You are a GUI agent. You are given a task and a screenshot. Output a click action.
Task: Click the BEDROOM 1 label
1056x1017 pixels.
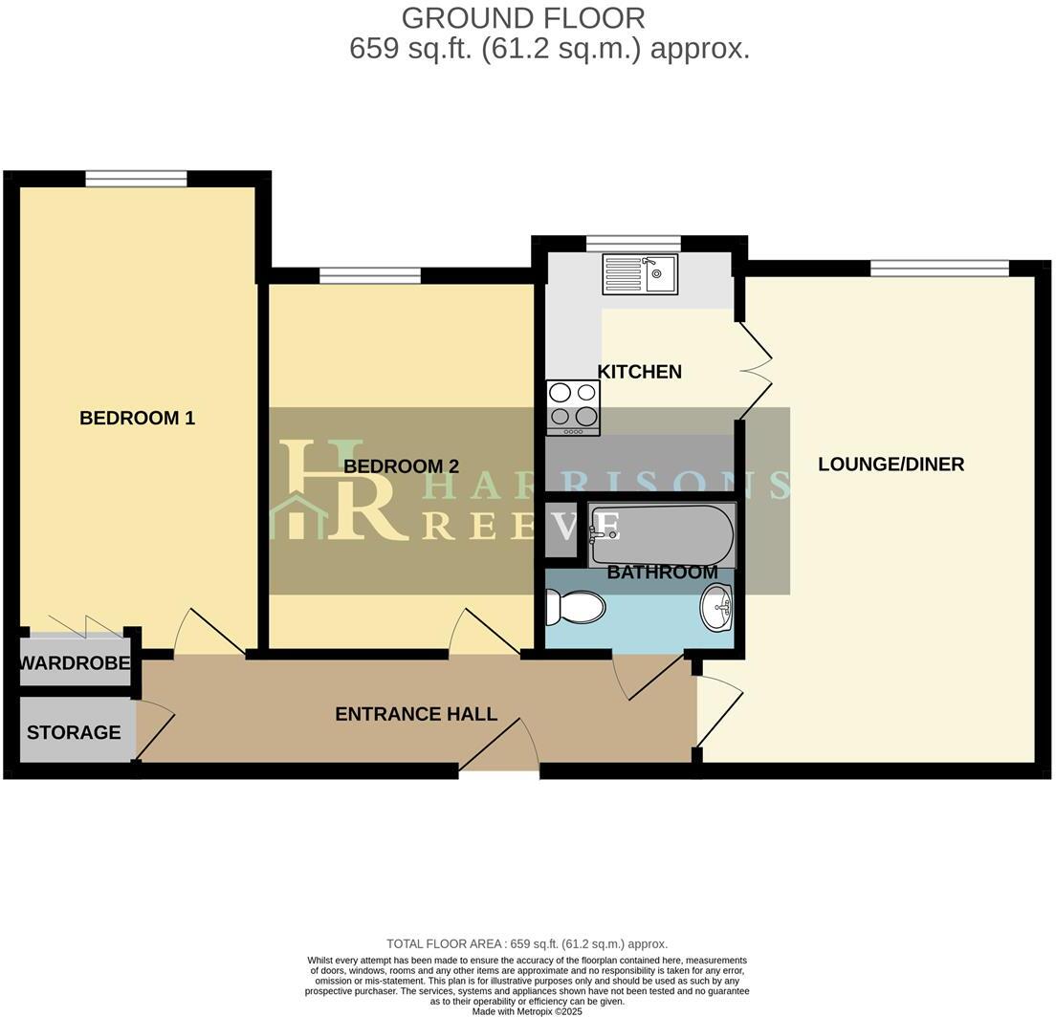click(137, 418)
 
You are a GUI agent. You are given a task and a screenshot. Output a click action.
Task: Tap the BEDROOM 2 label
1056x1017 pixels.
click(401, 466)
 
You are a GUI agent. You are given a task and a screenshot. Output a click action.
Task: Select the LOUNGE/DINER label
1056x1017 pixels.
click(891, 465)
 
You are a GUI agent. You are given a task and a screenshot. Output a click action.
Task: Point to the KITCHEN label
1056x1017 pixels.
click(639, 372)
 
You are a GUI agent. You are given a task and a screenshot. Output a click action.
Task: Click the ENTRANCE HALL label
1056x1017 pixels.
click(416, 714)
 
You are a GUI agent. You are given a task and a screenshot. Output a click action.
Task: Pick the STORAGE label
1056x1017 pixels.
click(74, 733)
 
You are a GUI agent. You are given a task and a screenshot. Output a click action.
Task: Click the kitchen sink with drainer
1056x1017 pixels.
click(639, 273)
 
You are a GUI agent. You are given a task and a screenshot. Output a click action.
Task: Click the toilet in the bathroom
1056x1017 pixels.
click(576, 607)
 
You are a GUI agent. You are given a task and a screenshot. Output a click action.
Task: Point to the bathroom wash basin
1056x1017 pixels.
click(716, 608)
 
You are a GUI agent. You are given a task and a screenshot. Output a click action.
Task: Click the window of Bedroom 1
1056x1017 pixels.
click(136, 178)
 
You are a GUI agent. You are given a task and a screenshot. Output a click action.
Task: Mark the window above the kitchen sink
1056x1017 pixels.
click(632, 243)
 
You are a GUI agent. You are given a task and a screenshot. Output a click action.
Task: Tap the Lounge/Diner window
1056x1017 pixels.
click(938, 268)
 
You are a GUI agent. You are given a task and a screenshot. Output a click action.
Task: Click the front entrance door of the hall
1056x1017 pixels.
click(498, 747)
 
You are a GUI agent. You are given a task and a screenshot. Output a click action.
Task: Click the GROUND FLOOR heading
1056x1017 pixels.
click(522, 18)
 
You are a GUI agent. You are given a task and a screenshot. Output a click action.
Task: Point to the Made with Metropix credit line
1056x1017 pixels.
click(527, 1010)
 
